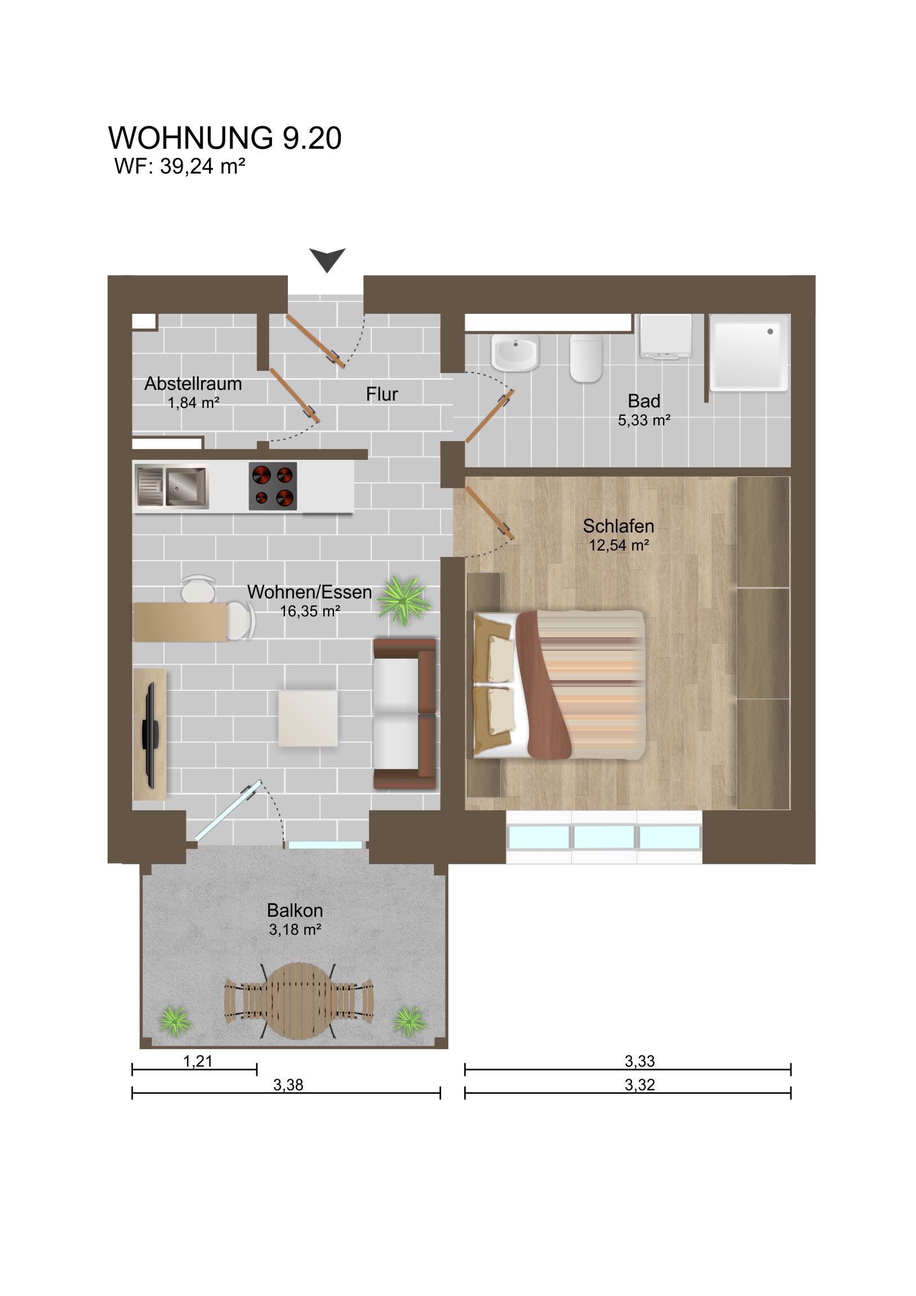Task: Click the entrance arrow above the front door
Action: click(327, 259)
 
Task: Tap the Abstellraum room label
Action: click(193, 384)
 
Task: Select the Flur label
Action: click(381, 394)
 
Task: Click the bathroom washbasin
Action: click(515, 352)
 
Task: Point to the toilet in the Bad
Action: click(586, 358)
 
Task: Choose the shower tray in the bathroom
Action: click(748, 353)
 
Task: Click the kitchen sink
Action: click(172, 486)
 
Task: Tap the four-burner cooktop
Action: click(273, 486)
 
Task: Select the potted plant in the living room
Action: click(403, 600)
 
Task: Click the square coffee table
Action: click(308, 718)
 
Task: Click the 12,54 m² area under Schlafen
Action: click(619, 545)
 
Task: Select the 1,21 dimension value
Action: click(198, 1061)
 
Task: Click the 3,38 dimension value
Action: click(288, 1085)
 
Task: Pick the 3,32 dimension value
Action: click(639, 1085)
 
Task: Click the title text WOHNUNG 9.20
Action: click(225, 137)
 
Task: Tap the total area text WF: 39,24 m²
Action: click(180, 167)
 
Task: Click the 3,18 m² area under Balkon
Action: click(295, 929)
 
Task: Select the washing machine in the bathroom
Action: click(666, 336)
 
